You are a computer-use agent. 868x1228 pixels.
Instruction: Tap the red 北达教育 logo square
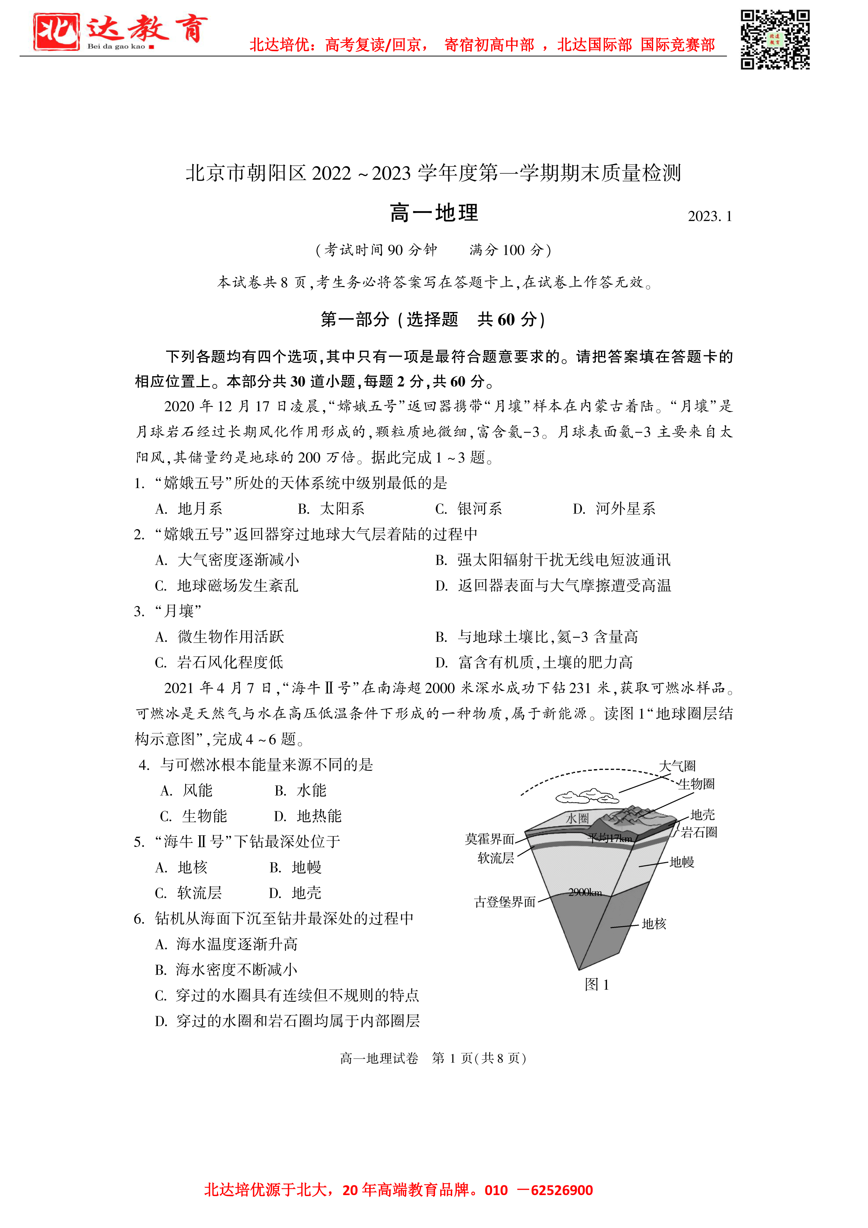point(56,32)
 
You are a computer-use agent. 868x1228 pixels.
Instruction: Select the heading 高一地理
point(434,213)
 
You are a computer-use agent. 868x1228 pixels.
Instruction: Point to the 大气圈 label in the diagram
point(677,766)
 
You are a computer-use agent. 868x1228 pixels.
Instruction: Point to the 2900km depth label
point(585,892)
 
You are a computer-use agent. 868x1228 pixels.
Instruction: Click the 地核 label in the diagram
point(653,924)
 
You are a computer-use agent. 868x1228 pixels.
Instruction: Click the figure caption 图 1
point(597,985)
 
